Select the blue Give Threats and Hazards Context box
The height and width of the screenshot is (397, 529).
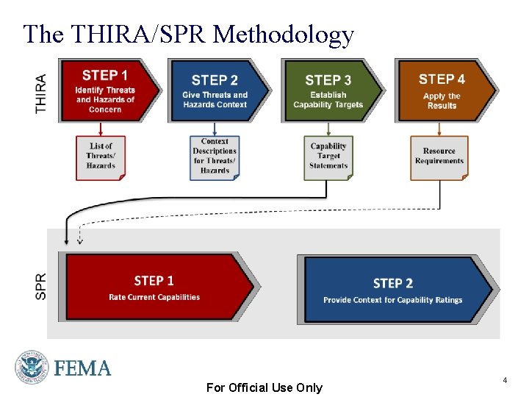coord(217,90)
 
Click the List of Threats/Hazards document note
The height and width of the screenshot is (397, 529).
coord(101,157)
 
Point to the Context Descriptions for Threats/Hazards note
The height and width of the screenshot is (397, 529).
coord(215,157)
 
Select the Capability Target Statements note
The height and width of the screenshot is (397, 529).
coord(328,157)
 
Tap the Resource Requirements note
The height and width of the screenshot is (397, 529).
coord(439,157)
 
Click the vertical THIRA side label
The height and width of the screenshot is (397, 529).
coord(41,93)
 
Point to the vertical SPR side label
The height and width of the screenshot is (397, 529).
coord(41,286)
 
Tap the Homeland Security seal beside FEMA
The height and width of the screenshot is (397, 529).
coord(31,367)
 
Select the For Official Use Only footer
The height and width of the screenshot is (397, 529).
coord(264,387)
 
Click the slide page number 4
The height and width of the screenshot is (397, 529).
coord(505,380)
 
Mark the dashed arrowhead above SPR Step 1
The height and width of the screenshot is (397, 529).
coord(80,241)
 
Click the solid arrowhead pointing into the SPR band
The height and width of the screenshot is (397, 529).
coord(67,240)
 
